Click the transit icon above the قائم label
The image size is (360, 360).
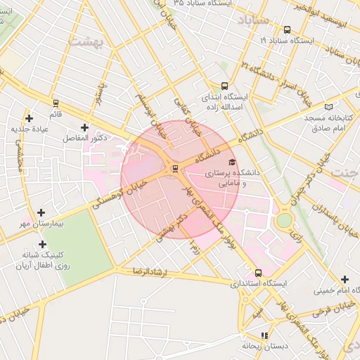(56, 103)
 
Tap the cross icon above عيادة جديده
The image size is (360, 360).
(29, 118)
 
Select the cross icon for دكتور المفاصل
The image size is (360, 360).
(85, 127)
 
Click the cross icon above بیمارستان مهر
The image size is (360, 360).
(41, 212)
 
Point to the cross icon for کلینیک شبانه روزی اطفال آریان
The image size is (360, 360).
(43, 244)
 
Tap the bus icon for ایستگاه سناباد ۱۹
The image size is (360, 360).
(287, 30)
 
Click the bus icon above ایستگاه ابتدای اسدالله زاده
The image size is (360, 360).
(224, 85)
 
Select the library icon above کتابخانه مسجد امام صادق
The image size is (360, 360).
(328, 106)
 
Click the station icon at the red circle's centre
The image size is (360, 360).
(174, 168)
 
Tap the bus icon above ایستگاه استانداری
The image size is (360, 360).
(258, 273)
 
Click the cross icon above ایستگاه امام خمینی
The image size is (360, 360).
(345, 279)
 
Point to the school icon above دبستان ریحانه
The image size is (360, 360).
(264, 335)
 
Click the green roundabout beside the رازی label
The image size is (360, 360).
(283, 221)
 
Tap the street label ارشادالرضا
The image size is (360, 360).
(148, 271)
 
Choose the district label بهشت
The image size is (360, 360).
(86, 41)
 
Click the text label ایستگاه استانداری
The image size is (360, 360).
(260, 284)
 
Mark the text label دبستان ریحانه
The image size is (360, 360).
(262, 346)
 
